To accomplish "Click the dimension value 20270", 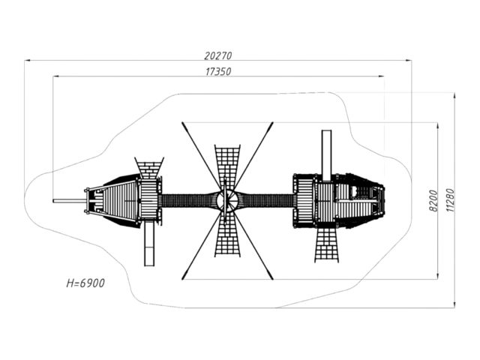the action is coord(218,55).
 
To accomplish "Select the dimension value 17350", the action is coord(218,72).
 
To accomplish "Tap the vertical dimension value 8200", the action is coord(433,200).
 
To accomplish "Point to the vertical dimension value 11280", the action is coord(450,200).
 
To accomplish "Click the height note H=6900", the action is coord(85,283).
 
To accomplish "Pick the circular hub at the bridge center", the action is coord(226,201).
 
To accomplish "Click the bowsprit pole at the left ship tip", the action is coord(69,201).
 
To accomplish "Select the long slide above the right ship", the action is coord(326,155).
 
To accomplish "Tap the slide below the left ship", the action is coord(149,243).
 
